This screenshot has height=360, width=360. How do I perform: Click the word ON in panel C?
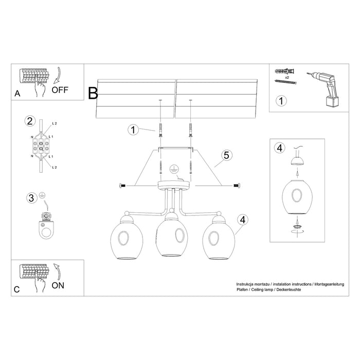(59, 285)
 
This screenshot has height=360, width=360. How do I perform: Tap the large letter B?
(93, 94)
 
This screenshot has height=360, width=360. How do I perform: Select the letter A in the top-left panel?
(18, 93)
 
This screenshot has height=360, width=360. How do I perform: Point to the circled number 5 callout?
(225, 154)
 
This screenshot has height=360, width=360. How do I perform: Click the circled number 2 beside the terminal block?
(30, 122)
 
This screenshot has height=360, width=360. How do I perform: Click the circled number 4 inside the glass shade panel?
(280, 149)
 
